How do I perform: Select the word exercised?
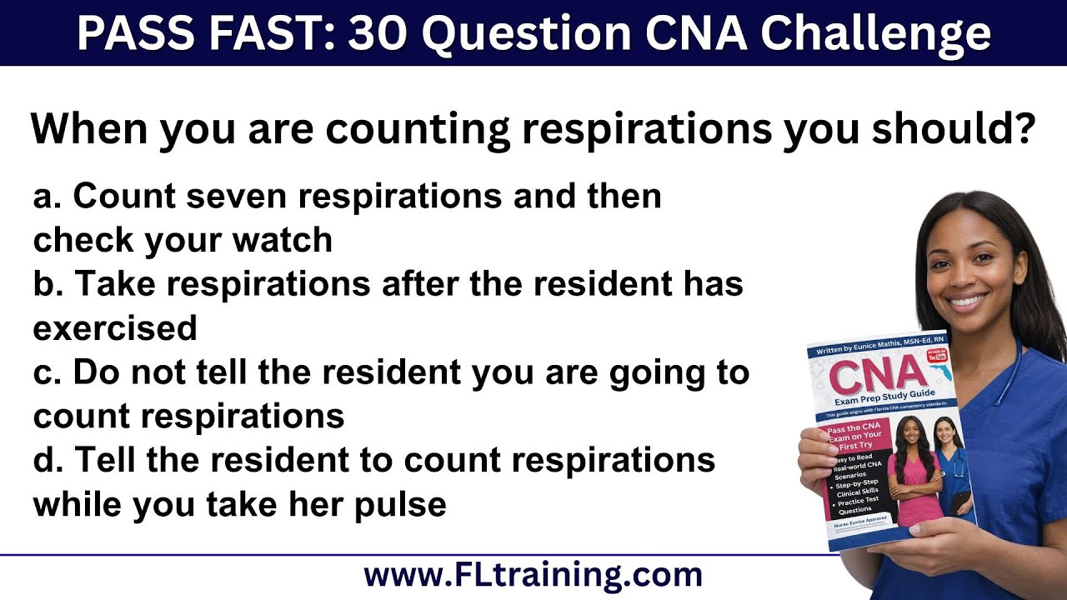[x=115, y=328]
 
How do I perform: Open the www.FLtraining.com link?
[x=533, y=575]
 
